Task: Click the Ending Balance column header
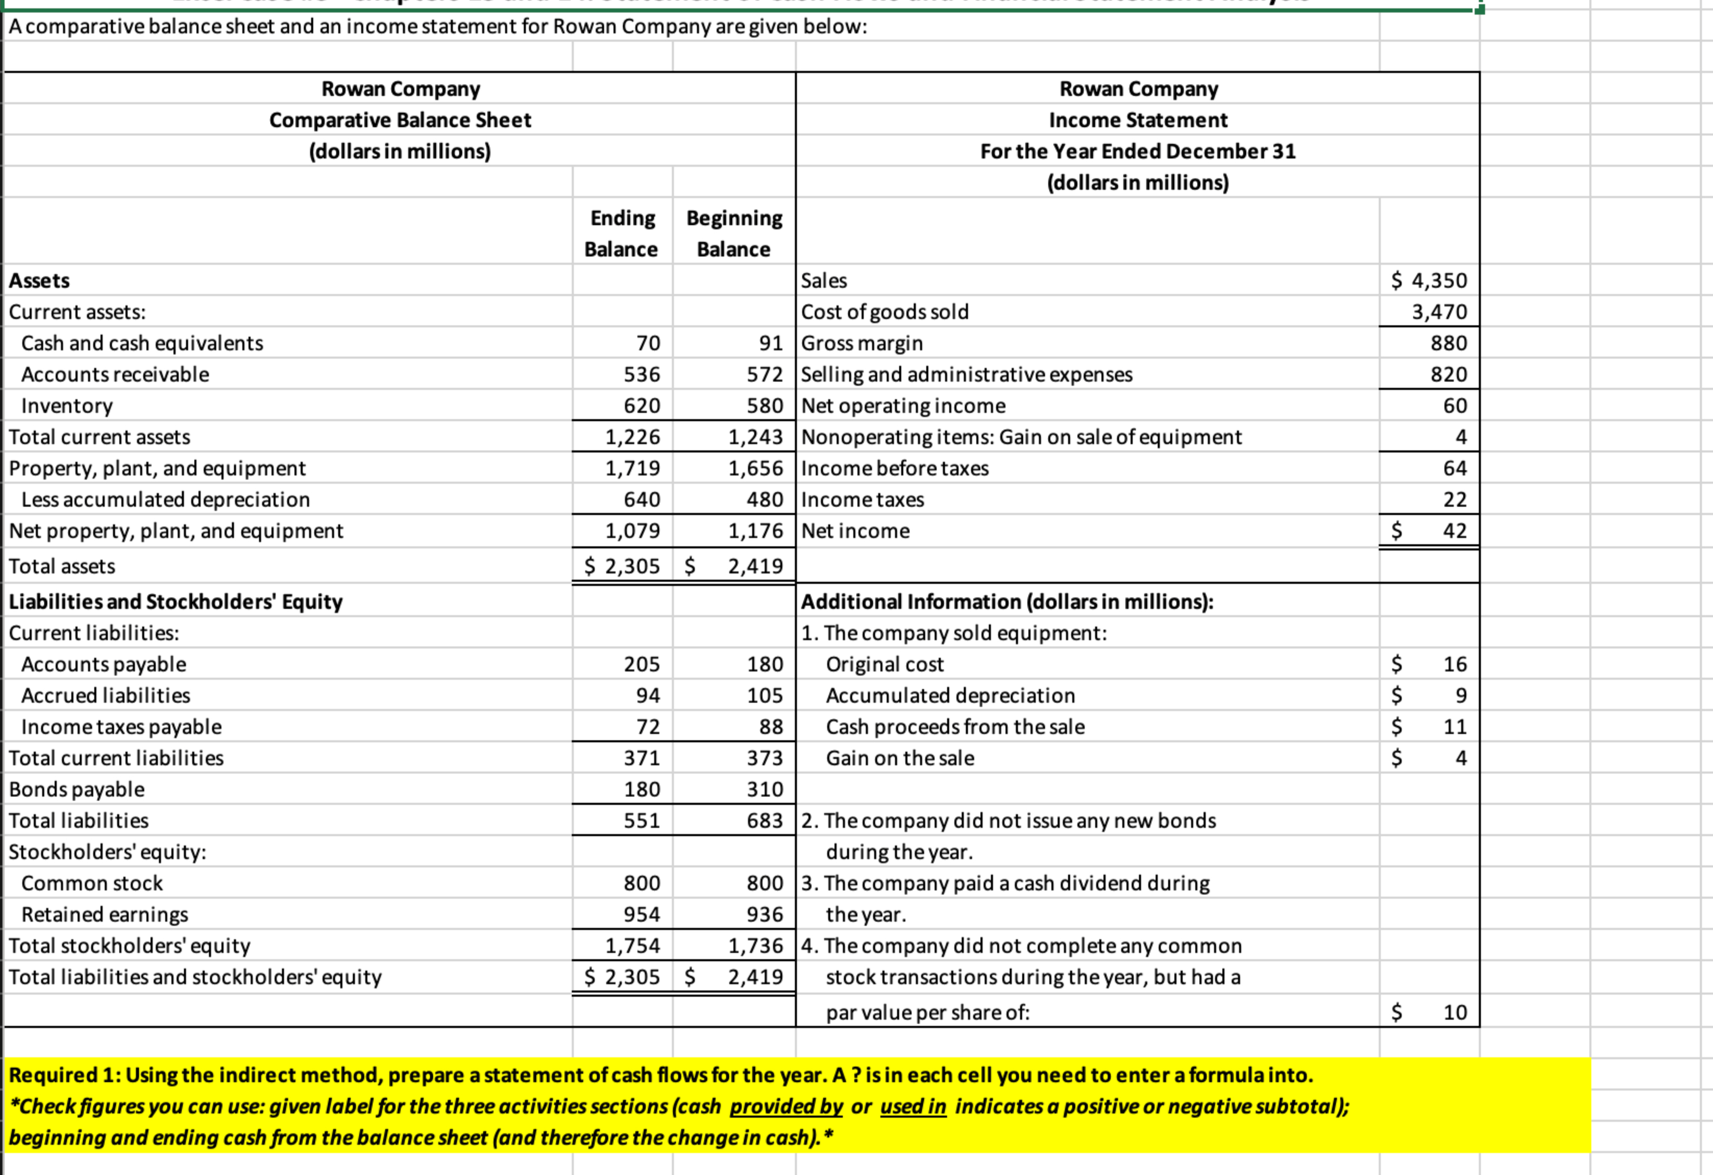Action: (621, 233)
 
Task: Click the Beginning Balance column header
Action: (733, 233)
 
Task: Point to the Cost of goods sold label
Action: (885, 312)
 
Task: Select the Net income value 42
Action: (1454, 531)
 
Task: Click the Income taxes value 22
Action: (1454, 500)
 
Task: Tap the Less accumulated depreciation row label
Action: (165, 500)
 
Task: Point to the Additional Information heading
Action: (1006, 602)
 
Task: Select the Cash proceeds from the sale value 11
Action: (1454, 727)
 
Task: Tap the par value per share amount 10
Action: (1454, 1012)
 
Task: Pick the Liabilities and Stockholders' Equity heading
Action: (176, 602)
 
